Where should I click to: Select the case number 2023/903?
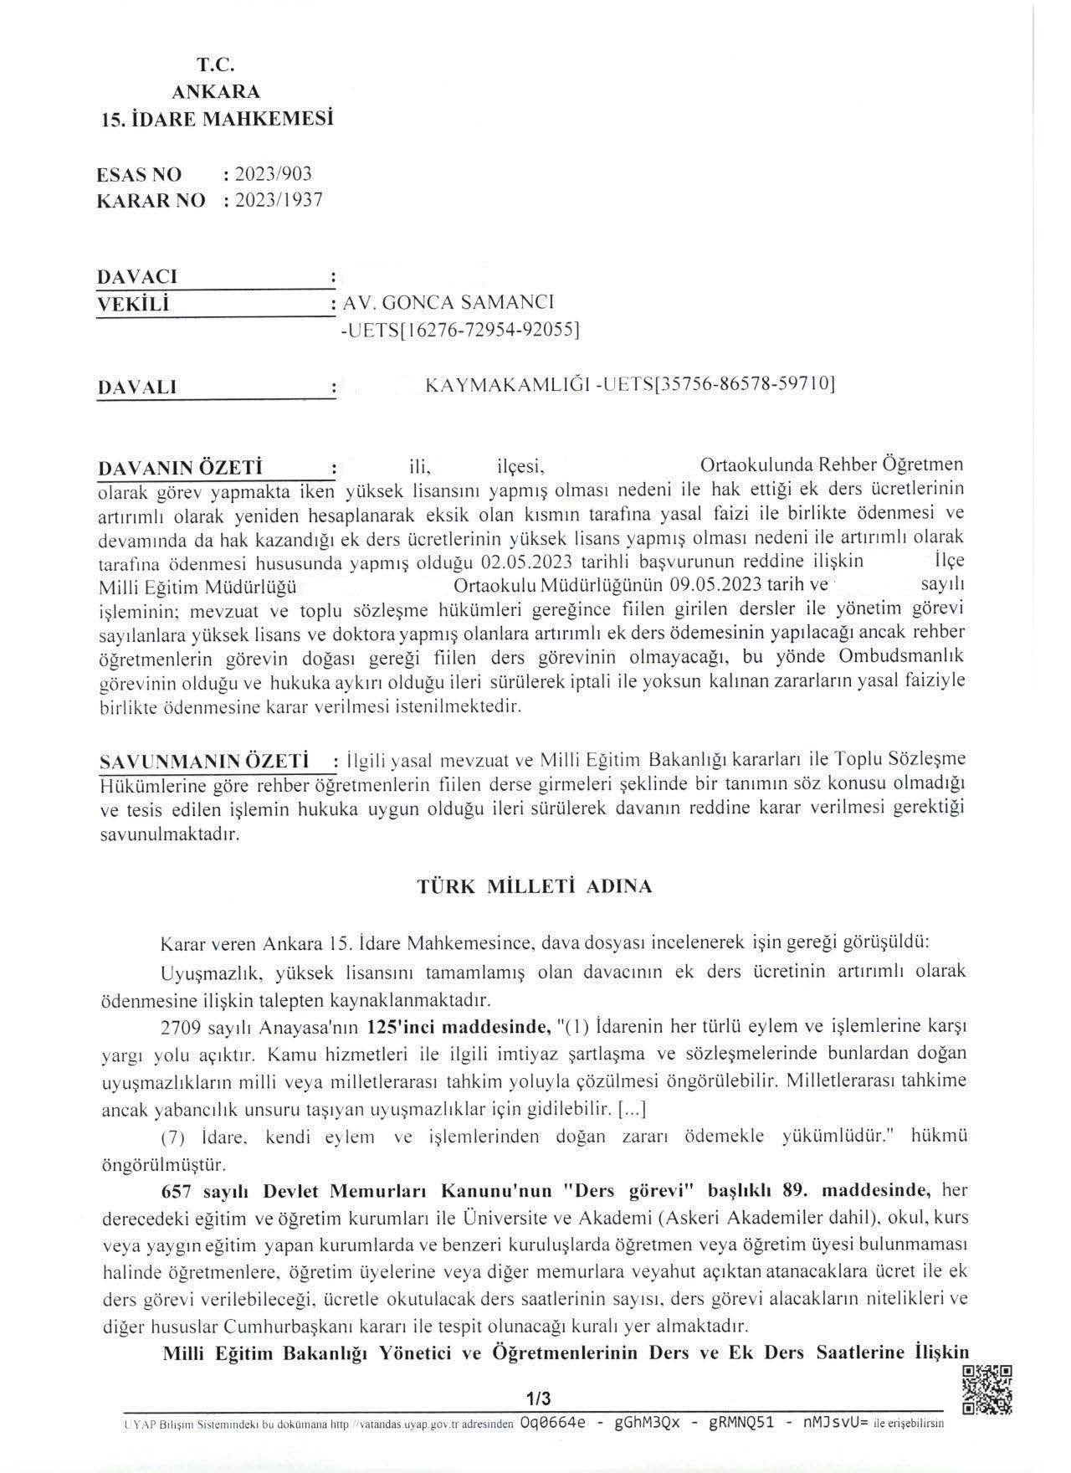tap(274, 174)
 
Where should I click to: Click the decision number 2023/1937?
tap(279, 201)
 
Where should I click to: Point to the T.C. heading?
tap(216, 64)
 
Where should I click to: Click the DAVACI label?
tap(137, 276)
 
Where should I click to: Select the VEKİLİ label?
tap(133, 304)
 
